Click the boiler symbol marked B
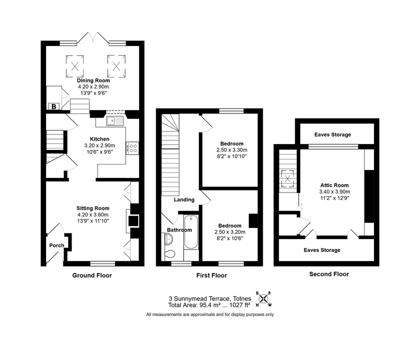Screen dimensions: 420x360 [x=54, y=106]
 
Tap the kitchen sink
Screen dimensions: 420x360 [x=115, y=121]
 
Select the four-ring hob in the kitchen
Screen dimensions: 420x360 [x=133, y=148]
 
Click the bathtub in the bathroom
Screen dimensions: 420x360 [x=191, y=232]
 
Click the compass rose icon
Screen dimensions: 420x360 [x=264, y=299]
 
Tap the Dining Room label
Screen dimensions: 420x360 [x=93, y=80]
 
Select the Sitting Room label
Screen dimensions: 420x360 [x=93, y=208]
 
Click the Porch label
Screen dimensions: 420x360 [x=57, y=245]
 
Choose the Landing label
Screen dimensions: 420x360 [x=184, y=200]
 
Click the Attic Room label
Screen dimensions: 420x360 [x=334, y=185]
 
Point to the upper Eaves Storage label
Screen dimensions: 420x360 [x=333, y=134]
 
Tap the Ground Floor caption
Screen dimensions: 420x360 [x=92, y=275]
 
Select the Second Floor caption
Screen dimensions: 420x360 [x=329, y=274]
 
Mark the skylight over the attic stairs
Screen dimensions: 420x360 [x=288, y=178]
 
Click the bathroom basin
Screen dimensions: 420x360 [x=167, y=238]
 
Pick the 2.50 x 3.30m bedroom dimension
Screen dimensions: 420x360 [x=232, y=150]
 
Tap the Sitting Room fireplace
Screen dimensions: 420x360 [x=133, y=221]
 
